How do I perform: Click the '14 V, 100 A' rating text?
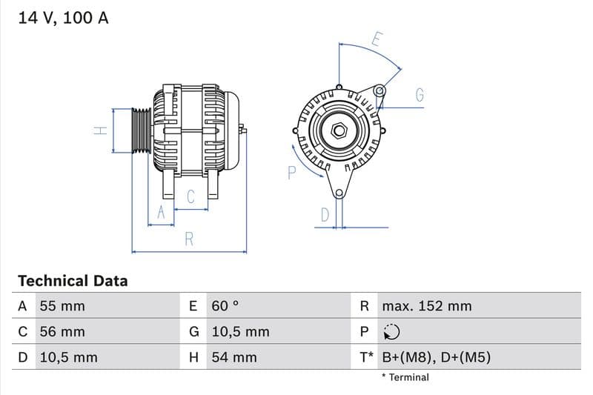pyautogui.click(x=63, y=19)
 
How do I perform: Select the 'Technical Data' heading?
pyautogui.click(x=73, y=281)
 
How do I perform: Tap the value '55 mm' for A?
pyautogui.click(x=62, y=306)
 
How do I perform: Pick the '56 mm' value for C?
pyautogui.click(x=62, y=332)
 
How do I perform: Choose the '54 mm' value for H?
pyautogui.click(x=233, y=357)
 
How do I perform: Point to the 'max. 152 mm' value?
pyautogui.click(x=426, y=306)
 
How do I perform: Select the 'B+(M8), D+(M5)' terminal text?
pyautogui.click(x=436, y=357)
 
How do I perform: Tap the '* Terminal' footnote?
pyautogui.click(x=405, y=377)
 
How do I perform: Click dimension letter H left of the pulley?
pyautogui.click(x=102, y=131)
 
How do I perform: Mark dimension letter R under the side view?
pyautogui.click(x=189, y=239)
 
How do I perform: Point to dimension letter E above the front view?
pyautogui.click(x=376, y=39)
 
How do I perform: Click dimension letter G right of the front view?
pyautogui.click(x=420, y=95)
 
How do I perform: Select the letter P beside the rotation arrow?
pyautogui.click(x=291, y=173)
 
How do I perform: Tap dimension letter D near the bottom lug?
pyautogui.click(x=325, y=215)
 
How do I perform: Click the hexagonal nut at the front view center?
pyautogui.click(x=339, y=131)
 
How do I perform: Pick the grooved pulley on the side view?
pyautogui.click(x=141, y=131)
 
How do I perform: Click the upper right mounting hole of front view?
pyautogui.click(x=380, y=91)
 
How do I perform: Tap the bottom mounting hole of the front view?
pyautogui.click(x=339, y=194)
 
